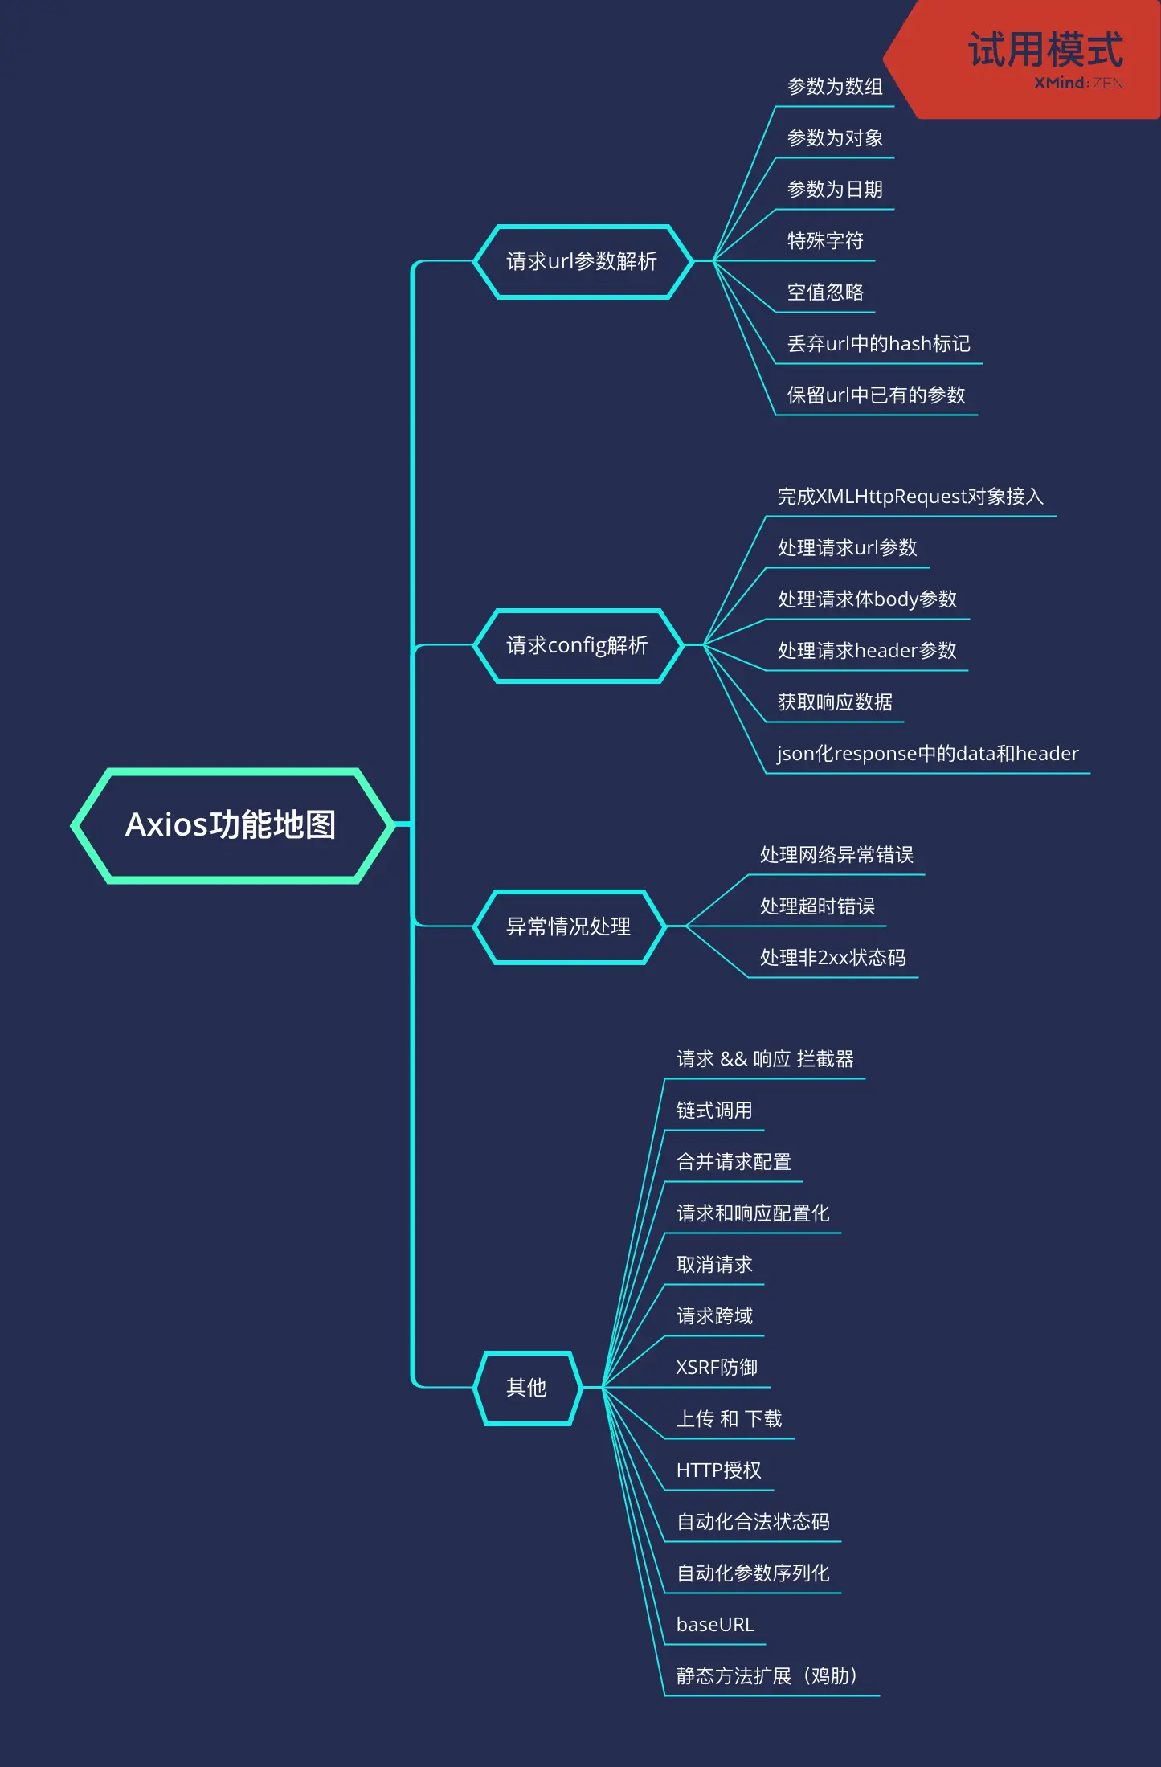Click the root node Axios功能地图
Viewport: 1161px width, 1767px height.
pos(231,825)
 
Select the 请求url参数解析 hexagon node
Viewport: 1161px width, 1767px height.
pos(582,261)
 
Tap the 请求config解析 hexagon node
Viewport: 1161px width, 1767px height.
pos(577,645)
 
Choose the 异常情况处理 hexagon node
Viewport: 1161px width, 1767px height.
pos(568,926)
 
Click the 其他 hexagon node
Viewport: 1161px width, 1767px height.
pos(526,1388)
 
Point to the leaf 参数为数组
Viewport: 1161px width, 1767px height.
pos(835,87)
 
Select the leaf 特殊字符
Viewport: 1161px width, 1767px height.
pos(825,241)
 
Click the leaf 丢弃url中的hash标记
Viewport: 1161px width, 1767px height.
pos(878,344)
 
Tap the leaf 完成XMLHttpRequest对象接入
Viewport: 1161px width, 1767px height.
pos(910,497)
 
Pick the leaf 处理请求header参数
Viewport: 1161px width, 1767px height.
pos(867,651)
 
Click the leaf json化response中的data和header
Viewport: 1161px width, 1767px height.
pos(927,754)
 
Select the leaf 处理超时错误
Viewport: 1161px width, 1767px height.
pos(817,906)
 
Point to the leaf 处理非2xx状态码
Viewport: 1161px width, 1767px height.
pos(832,958)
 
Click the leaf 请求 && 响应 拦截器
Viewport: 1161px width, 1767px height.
pos(765,1059)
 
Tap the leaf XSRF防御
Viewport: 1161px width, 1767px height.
pos(717,1368)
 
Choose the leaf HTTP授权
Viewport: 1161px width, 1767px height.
pos(718,1470)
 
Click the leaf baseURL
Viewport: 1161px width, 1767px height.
pos(715,1625)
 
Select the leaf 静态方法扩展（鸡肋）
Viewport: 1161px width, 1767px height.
pos(767,1676)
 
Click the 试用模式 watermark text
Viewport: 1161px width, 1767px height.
pos(1045,50)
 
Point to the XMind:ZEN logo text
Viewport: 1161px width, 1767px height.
pos(1078,84)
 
